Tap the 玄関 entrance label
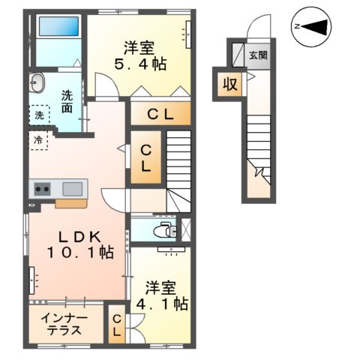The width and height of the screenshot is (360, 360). pos(256,55)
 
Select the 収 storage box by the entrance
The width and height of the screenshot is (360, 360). pos(229,84)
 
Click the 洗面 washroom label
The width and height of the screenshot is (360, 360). pos(67,101)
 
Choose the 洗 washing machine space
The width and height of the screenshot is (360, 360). pos(38,115)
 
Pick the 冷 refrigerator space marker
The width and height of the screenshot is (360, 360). pos(38,139)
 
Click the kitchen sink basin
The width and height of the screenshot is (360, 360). pos(73,188)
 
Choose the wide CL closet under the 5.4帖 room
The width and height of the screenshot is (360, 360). pos(160,115)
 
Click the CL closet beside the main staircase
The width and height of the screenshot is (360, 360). pos(146,158)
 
